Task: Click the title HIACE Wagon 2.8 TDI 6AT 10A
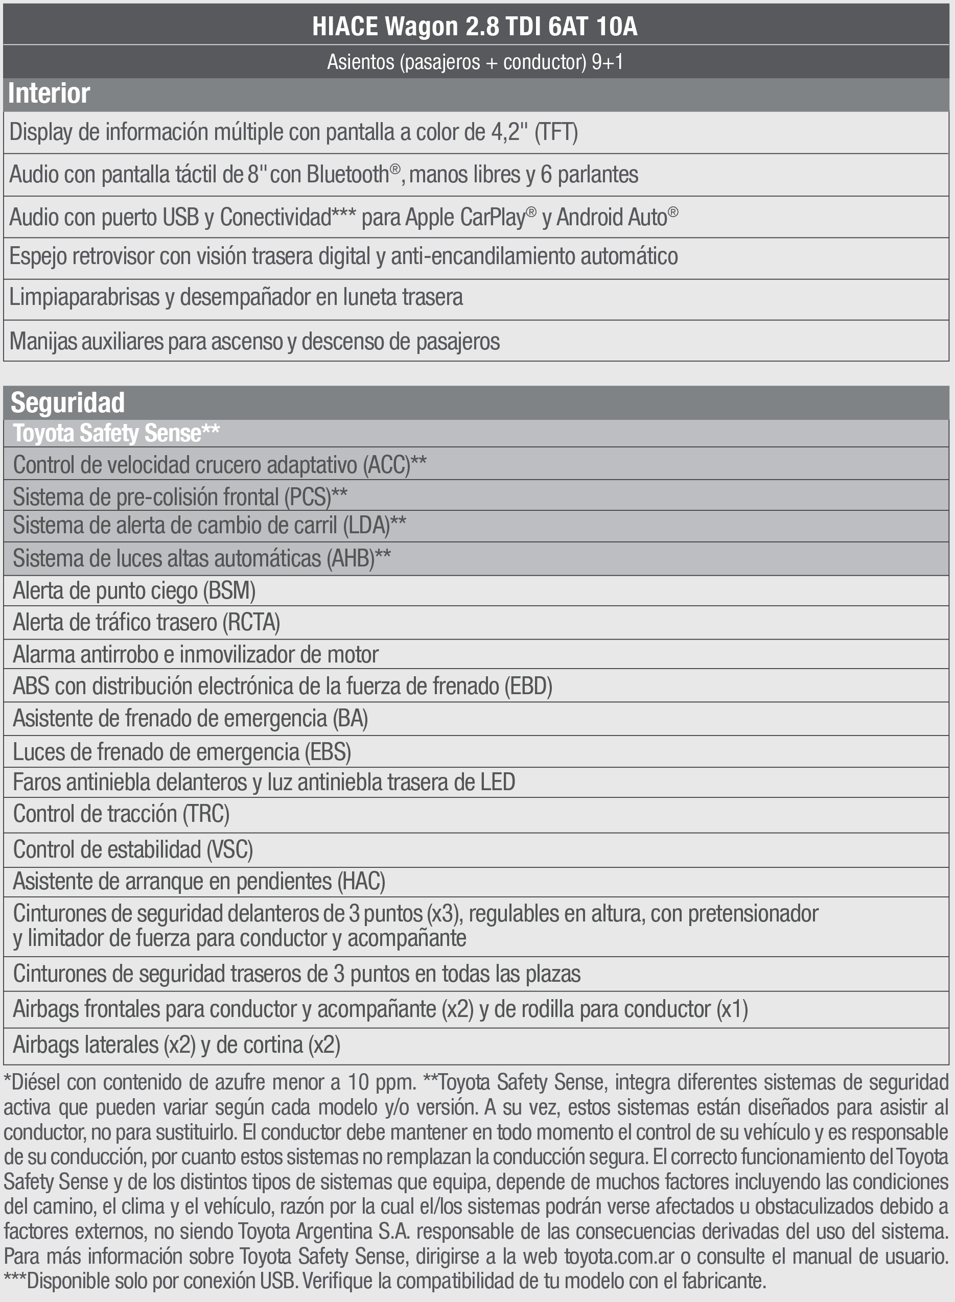475,26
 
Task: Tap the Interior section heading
49,93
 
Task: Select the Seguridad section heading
67,403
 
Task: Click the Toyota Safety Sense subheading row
116,433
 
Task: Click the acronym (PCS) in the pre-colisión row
308,497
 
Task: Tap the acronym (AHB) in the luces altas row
351,558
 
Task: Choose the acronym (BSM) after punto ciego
229,590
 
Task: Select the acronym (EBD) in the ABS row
528,686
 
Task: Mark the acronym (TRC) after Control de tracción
206,814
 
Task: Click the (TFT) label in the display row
556,132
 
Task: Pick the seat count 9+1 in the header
607,62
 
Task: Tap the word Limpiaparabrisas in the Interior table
84,297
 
